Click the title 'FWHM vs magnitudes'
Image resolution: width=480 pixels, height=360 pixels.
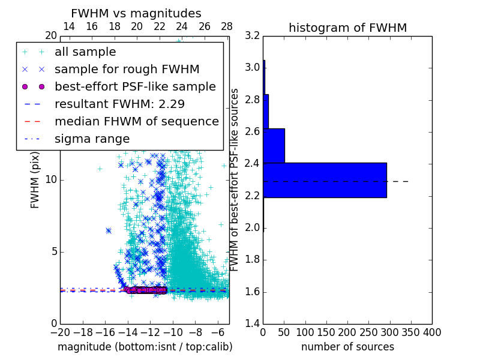(136, 13)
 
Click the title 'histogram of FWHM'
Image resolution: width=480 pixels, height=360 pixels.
(347, 28)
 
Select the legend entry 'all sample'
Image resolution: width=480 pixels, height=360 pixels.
(85, 52)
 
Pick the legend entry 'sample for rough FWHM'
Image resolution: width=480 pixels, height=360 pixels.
(127, 70)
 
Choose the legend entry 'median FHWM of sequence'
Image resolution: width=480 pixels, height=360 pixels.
(136, 121)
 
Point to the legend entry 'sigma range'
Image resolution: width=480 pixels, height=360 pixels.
(92, 139)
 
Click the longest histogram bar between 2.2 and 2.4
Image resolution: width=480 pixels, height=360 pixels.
(325, 180)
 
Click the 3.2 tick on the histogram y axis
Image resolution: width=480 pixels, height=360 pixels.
(253, 35)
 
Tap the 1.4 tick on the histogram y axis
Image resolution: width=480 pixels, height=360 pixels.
(253, 324)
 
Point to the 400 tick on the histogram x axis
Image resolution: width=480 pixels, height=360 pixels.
(432, 332)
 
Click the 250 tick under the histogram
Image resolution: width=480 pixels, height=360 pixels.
(368, 332)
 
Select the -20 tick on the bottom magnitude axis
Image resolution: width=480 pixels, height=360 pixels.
(60, 332)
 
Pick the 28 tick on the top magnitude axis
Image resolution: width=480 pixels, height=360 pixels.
(227, 26)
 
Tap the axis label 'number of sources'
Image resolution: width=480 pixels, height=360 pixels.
(347, 347)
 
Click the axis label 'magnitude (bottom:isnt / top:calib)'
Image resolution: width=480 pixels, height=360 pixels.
(145, 347)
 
